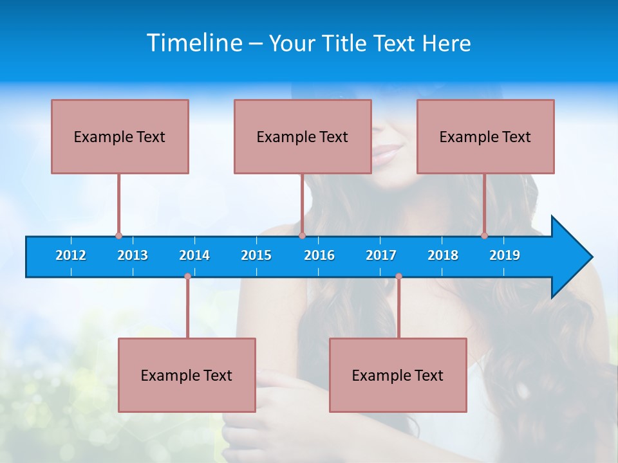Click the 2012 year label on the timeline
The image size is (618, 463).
point(71,255)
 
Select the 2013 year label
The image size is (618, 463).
point(133,255)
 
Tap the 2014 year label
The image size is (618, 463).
point(194,255)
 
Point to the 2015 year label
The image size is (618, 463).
point(256,255)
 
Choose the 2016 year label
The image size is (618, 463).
point(319,255)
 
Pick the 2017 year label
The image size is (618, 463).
point(381,255)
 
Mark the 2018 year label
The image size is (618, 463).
point(443,255)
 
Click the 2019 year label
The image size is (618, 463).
point(505,255)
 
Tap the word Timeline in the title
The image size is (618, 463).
point(195,43)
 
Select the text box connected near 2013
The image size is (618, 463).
point(120,136)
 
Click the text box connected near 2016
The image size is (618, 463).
point(303,136)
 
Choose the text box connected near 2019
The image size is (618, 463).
point(485,136)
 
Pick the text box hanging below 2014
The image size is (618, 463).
point(187,375)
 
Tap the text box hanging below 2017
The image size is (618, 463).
point(398,375)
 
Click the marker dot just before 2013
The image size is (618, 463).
point(118,236)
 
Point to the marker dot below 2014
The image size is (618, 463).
point(187,277)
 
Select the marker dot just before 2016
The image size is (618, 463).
point(302,236)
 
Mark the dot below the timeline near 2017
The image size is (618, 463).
point(398,277)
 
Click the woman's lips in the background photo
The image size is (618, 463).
point(388,154)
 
